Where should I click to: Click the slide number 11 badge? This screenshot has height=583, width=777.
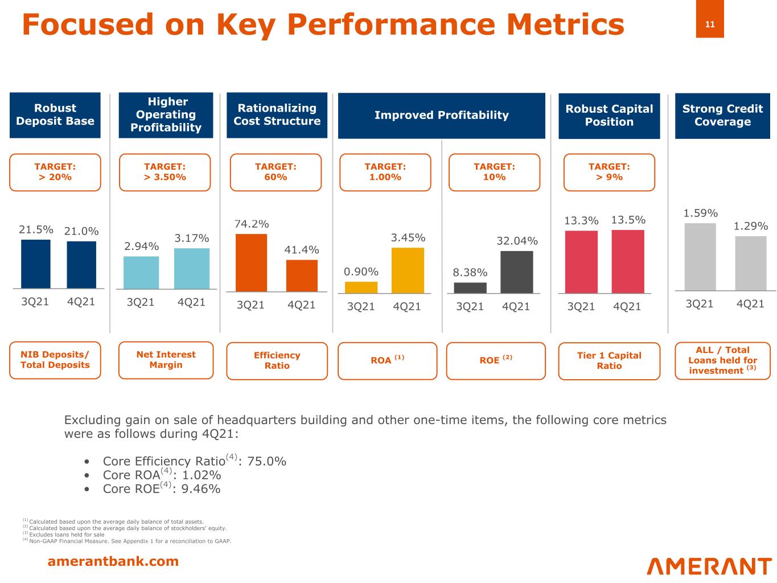(x=710, y=24)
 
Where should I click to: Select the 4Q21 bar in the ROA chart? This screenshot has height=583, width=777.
(x=408, y=270)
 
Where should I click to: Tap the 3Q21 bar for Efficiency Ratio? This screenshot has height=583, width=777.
(x=251, y=262)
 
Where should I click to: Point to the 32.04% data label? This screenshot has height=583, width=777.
(x=517, y=241)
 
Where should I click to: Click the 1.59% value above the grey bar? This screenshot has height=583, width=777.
(x=701, y=213)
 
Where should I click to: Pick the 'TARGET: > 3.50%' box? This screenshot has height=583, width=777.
(x=165, y=172)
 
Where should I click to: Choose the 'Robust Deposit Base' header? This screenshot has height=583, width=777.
(x=55, y=115)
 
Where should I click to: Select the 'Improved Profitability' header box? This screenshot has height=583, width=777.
(x=441, y=115)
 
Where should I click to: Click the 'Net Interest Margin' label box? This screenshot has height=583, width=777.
(x=166, y=360)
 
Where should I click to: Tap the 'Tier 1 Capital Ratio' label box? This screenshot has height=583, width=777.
(x=609, y=361)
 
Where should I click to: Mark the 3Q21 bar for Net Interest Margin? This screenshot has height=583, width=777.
(x=141, y=273)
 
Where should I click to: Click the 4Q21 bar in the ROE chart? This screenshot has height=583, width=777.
(x=517, y=272)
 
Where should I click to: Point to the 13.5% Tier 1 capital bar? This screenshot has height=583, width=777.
(x=628, y=261)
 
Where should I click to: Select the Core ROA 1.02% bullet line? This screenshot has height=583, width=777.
(x=162, y=475)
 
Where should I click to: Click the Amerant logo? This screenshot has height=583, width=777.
(x=709, y=566)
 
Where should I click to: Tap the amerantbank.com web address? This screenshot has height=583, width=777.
(x=113, y=561)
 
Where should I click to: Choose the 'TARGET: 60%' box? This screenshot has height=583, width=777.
(x=276, y=172)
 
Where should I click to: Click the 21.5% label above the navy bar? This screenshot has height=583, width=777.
(x=36, y=229)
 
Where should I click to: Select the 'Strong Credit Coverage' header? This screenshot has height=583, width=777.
(x=722, y=116)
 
